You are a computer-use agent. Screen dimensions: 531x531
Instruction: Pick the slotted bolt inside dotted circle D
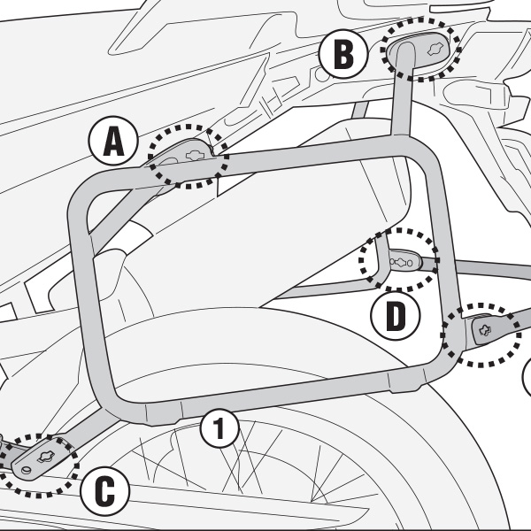pyautogui.click(x=403, y=262)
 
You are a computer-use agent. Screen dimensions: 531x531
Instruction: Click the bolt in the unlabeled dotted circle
pyautogui.click(x=484, y=331)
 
